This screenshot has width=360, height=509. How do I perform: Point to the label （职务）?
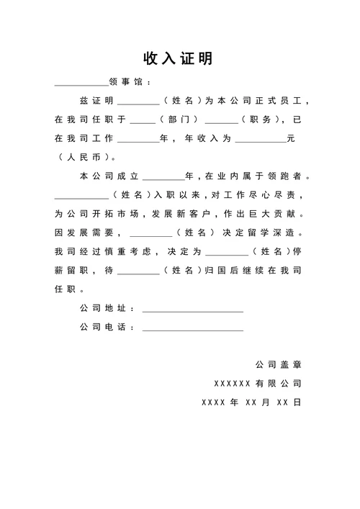click(259, 119)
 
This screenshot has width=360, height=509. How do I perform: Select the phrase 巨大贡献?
click(284, 215)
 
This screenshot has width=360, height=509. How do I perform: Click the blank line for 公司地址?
click(193, 310)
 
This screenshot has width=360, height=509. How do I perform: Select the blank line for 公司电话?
click(193, 329)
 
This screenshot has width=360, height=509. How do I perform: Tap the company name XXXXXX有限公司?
click(258, 383)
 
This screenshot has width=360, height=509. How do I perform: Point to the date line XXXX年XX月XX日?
click(251, 402)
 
